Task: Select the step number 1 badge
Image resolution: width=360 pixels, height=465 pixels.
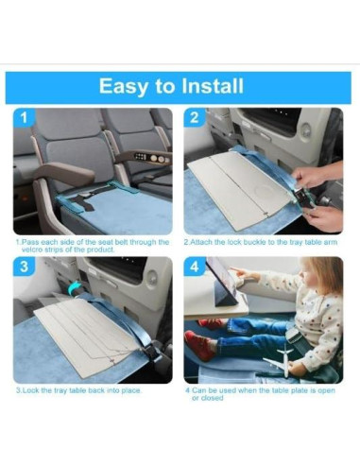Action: (x=26, y=119)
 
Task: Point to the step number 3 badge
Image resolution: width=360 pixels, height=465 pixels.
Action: (x=26, y=268)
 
